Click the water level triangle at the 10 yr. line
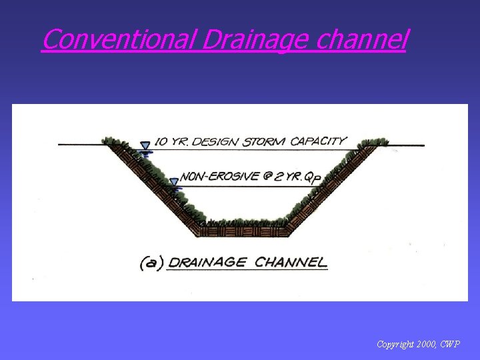[x=145, y=145]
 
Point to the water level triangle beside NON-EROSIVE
[x=174, y=181]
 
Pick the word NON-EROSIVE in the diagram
[x=215, y=177]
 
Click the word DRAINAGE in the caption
[x=206, y=262]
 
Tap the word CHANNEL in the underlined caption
[x=291, y=262]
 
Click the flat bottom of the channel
[x=243, y=232]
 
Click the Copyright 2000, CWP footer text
[x=418, y=345]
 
